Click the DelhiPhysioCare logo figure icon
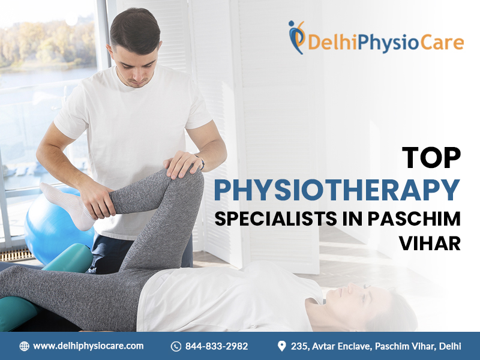tap(296, 37)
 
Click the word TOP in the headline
tap(431, 158)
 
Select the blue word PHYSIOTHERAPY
tap(337, 190)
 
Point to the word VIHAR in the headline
tap(430, 244)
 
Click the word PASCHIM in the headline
tap(414, 218)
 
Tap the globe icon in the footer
tap(24, 346)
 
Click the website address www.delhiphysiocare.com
tap(88, 346)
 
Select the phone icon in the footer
tap(176, 346)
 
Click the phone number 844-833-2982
tap(217, 346)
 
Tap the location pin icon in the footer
tap(281, 346)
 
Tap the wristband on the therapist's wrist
tap(202, 162)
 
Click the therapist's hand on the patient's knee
tap(183, 164)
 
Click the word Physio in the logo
tap(388, 43)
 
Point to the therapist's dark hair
tap(134, 30)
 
